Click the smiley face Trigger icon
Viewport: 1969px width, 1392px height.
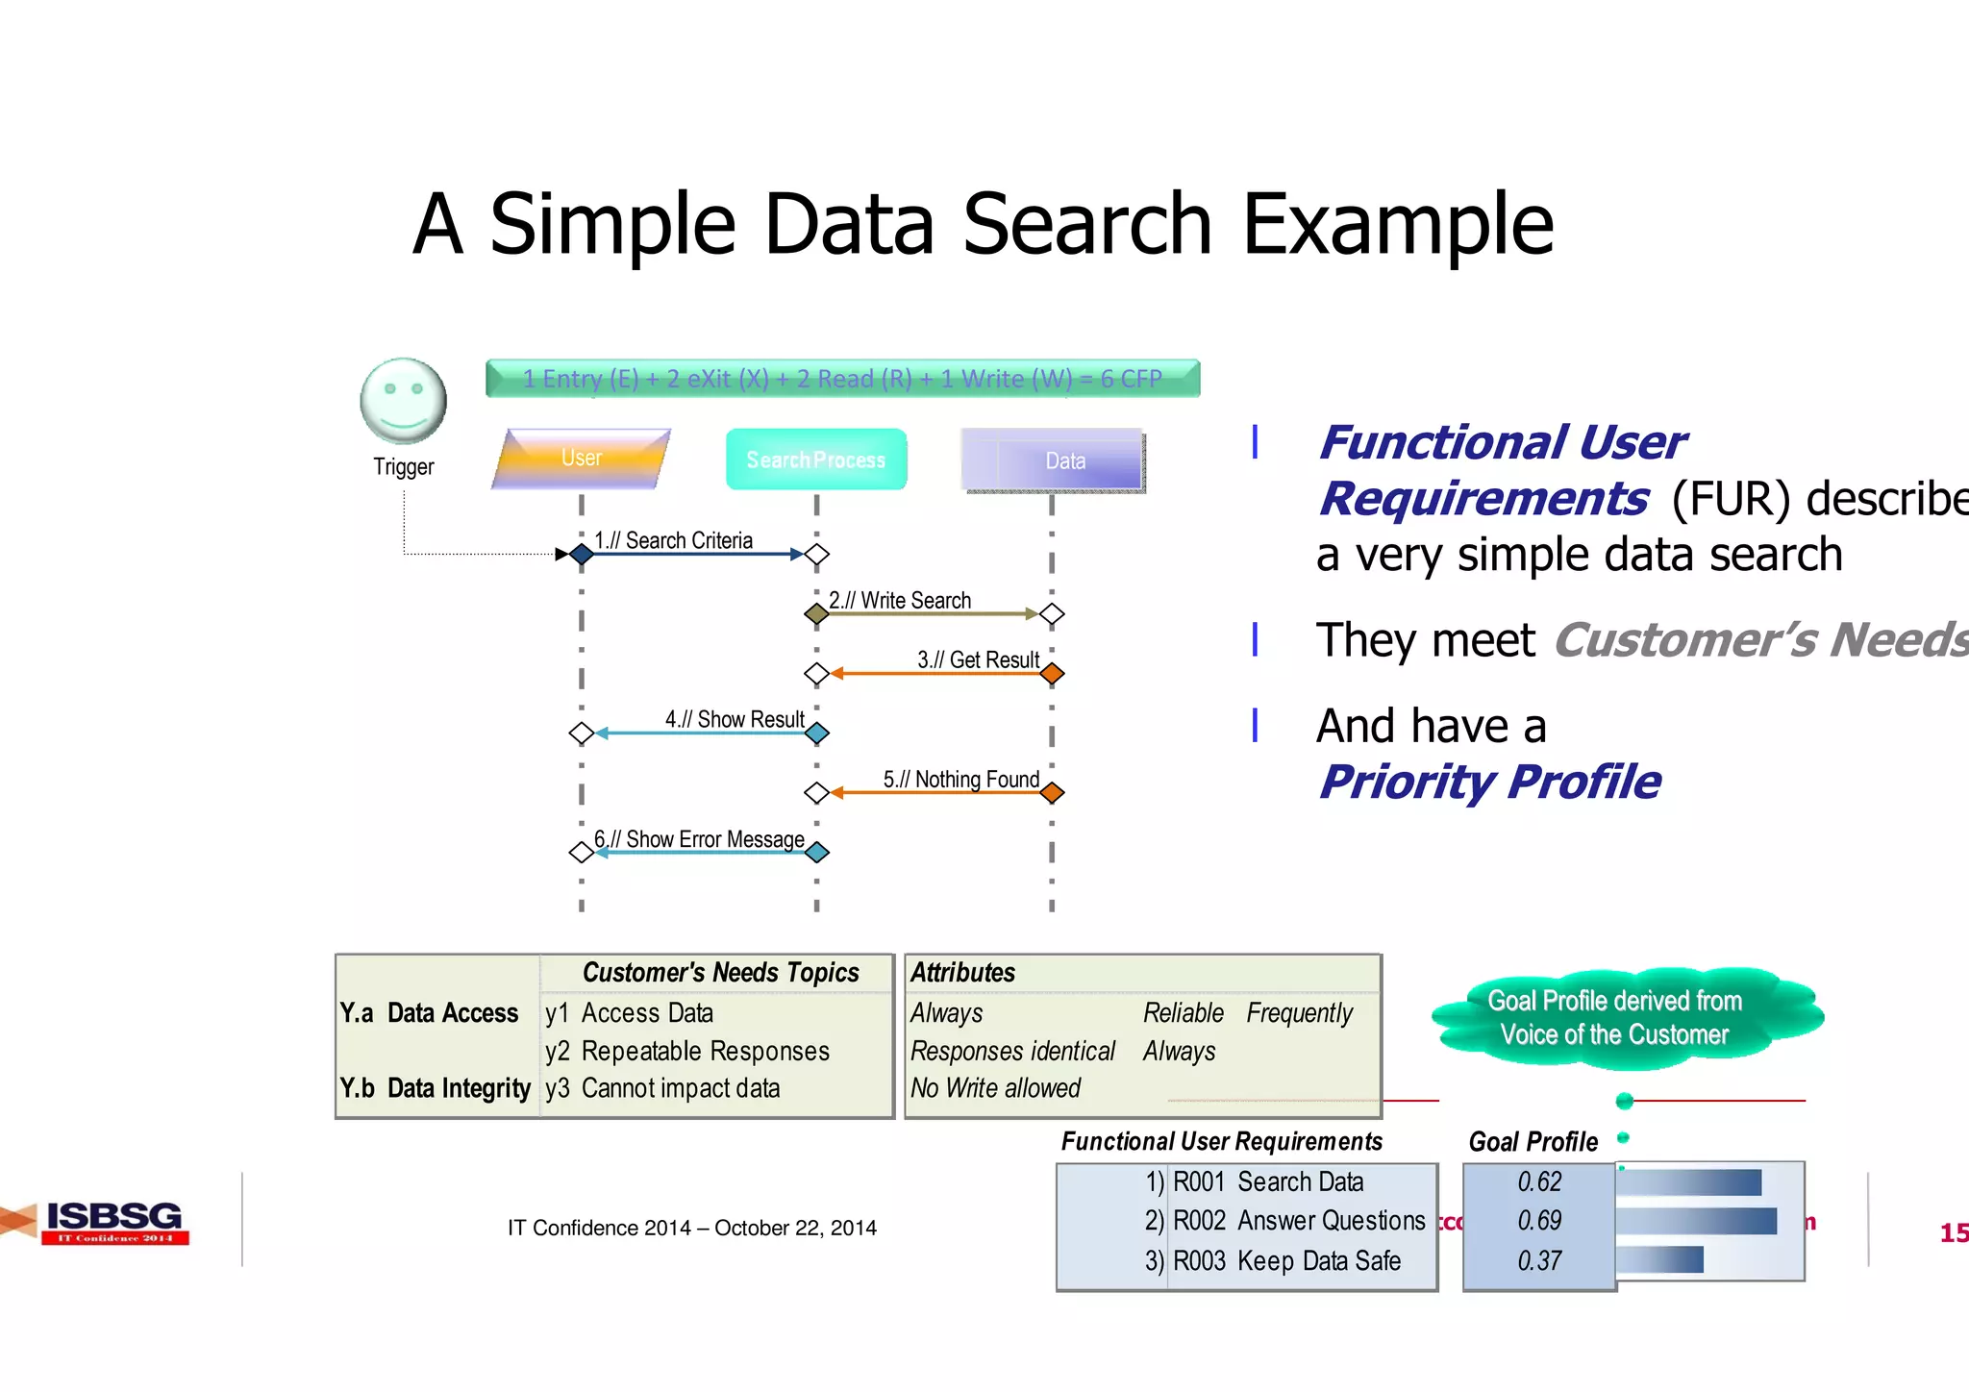pyautogui.click(x=403, y=401)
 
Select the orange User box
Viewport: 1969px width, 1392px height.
pyautogui.click(x=581, y=459)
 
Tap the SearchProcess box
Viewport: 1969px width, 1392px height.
pyautogui.click(x=815, y=460)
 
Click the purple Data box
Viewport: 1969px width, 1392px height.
pyautogui.click(x=1054, y=460)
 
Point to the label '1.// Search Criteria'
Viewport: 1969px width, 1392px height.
pyautogui.click(x=673, y=540)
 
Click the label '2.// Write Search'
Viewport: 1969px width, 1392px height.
pyautogui.click(x=900, y=601)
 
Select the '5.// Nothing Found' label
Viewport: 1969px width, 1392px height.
pyautogui.click(x=960, y=780)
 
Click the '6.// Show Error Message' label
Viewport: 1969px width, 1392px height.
pyautogui.click(x=699, y=839)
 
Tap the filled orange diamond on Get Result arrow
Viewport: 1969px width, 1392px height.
pyautogui.click(x=1052, y=674)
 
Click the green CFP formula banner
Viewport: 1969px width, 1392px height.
pyautogui.click(x=842, y=379)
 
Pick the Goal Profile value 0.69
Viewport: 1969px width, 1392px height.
pyautogui.click(x=1538, y=1221)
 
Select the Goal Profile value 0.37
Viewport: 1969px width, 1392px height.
pyautogui.click(x=1538, y=1260)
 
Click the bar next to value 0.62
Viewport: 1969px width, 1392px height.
pyautogui.click(x=1689, y=1182)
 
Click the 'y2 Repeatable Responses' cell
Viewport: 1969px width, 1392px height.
pyautogui.click(x=686, y=1051)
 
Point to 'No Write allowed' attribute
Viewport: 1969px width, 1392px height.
pyautogui.click(x=995, y=1088)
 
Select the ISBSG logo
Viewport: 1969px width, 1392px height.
pyautogui.click(x=113, y=1221)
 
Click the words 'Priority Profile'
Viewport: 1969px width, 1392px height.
pyautogui.click(x=1489, y=782)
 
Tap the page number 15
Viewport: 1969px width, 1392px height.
pyautogui.click(x=1953, y=1232)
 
